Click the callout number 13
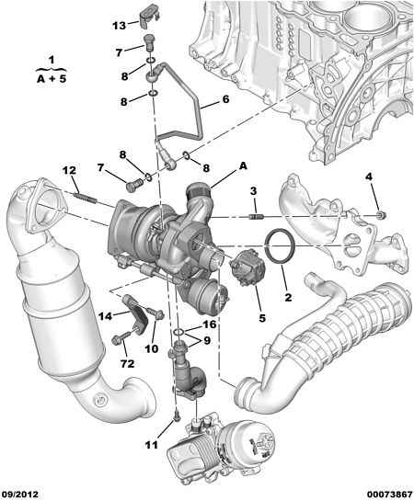click(120, 26)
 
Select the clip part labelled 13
click(149, 15)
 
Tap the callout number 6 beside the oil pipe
click(225, 99)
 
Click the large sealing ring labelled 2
click(279, 245)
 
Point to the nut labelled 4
click(381, 215)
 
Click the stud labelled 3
click(256, 217)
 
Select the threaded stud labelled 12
click(85, 197)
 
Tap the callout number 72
click(127, 363)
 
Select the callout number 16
click(210, 325)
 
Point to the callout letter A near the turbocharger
click(243, 165)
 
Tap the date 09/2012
click(20, 494)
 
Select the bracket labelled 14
click(135, 313)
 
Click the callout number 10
click(151, 348)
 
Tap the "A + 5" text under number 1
click(52, 79)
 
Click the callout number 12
click(69, 170)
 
